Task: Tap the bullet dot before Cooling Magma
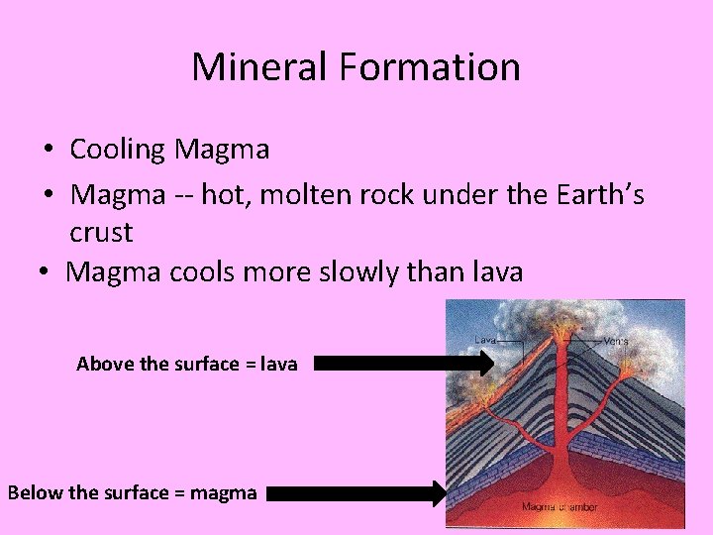pos(48,151)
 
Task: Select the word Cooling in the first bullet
pos(118,151)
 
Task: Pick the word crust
pos(101,234)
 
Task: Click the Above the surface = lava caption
pos(186,364)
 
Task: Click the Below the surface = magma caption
pos(132,492)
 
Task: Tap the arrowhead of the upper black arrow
pos(482,364)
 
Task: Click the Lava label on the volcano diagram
pos(484,340)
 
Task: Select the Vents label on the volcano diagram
pos(615,341)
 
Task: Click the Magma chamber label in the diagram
pos(560,507)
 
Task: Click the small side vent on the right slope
pos(627,369)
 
